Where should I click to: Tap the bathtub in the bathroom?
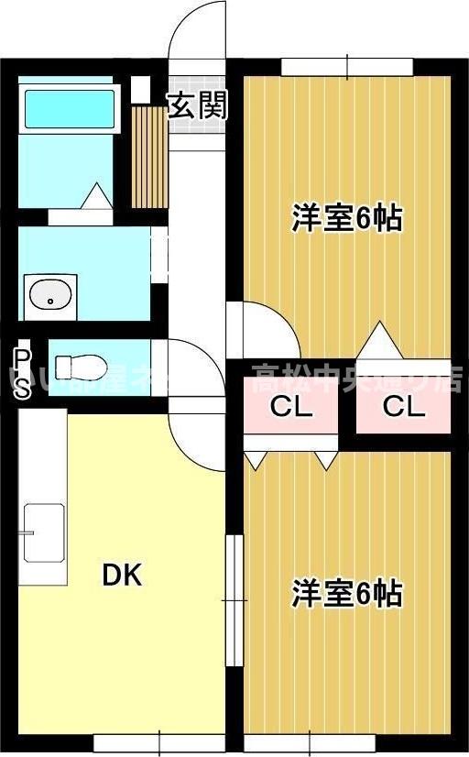70,108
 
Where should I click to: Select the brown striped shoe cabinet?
147,156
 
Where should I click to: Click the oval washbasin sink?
49,296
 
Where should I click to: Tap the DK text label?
121,576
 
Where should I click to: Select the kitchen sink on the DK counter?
43,532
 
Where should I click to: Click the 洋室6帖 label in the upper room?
347,219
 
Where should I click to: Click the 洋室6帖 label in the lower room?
347,594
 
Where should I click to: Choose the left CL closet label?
291,407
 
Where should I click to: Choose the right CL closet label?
404,407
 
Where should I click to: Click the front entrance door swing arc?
196,32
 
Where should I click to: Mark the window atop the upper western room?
347,65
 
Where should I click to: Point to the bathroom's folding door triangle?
94,196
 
